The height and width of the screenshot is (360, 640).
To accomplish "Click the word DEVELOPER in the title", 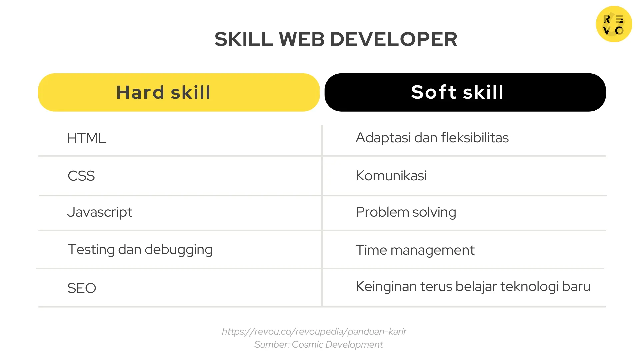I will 393,39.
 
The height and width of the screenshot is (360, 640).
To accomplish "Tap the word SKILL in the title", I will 244,39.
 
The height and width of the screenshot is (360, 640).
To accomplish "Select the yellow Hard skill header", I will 179,92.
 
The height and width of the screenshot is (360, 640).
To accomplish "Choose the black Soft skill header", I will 465,92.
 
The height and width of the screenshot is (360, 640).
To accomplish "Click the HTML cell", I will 86,138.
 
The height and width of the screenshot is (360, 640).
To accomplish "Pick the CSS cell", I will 81,176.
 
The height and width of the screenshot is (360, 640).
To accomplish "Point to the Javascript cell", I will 100,212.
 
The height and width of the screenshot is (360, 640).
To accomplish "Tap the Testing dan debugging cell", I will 140,250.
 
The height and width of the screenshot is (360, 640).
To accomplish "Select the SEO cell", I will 82,288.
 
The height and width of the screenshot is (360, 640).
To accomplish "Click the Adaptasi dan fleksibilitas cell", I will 432,138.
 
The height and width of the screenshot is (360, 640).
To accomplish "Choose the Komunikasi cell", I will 391,176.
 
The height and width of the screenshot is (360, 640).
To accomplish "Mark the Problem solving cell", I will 406,212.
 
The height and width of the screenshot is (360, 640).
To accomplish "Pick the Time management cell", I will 415,250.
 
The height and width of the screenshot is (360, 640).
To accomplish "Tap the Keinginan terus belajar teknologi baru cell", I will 473,287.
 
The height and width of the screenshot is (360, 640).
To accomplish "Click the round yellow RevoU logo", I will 614,24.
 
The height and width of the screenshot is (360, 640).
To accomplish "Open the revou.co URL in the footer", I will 314,332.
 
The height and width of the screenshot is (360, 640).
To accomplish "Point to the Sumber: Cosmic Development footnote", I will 318,345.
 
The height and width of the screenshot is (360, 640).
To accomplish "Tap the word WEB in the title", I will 301,39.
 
